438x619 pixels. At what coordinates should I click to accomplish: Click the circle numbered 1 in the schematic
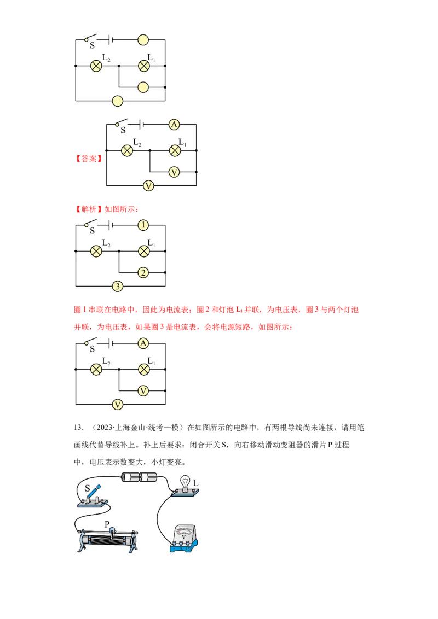point(143,225)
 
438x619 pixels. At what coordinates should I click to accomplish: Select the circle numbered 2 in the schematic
point(143,272)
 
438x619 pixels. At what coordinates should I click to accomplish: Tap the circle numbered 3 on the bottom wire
point(117,286)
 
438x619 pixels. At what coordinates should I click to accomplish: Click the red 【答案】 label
point(89,159)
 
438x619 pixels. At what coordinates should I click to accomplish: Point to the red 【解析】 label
point(89,209)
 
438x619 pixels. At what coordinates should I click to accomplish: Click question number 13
point(79,428)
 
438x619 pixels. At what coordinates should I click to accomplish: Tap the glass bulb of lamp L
point(185,482)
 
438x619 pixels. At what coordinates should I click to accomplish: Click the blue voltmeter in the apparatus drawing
point(184,538)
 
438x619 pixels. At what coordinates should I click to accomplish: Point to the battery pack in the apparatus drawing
point(139,478)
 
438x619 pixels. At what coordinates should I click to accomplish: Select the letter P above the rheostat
point(107,524)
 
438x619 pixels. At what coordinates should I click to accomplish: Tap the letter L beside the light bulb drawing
point(195,483)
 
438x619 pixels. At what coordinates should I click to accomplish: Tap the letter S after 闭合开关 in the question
point(224,445)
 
